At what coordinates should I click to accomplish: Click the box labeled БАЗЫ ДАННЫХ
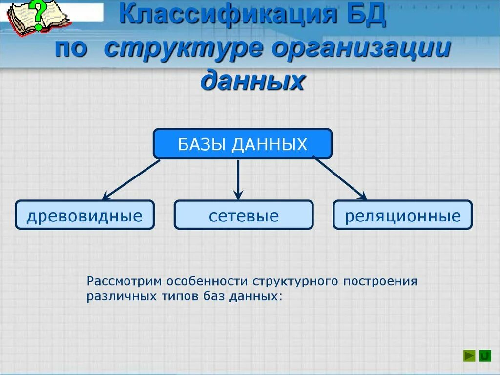[243, 144]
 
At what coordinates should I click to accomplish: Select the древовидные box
[84, 215]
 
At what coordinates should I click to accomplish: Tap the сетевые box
[243, 215]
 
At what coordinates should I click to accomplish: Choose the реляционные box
[402, 215]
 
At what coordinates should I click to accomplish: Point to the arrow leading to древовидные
[131, 179]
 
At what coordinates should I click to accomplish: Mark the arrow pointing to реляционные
[340, 179]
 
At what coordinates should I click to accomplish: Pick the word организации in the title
[360, 50]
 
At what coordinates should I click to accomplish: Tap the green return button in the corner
[485, 356]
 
